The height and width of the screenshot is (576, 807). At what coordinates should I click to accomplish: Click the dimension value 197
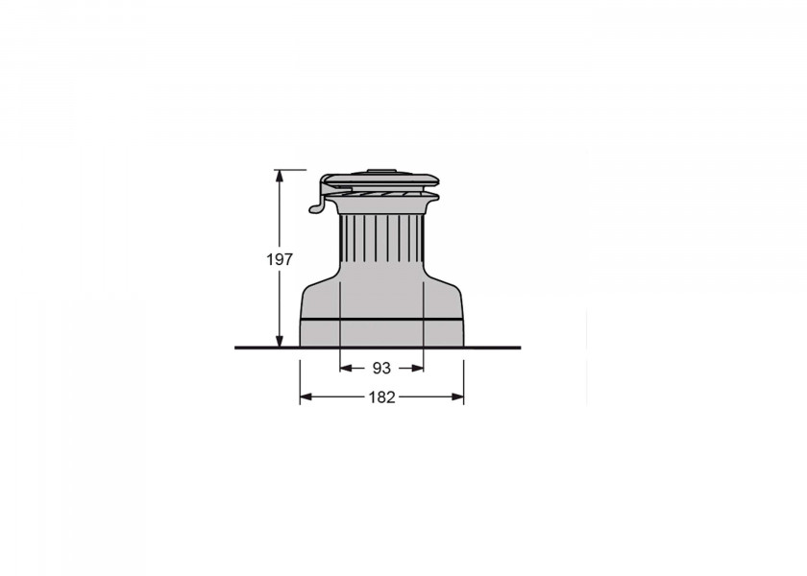280,259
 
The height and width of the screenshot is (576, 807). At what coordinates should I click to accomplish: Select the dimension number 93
381,369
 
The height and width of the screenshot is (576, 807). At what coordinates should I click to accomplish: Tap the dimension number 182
382,397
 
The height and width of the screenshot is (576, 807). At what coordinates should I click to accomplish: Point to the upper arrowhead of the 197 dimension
280,176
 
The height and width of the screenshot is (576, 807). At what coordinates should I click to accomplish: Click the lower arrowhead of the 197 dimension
280,341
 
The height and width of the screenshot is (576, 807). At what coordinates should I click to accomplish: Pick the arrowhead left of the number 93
346,368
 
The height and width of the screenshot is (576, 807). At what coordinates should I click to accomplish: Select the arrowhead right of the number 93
417,368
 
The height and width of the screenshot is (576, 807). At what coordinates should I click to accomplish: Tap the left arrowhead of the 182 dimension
306,396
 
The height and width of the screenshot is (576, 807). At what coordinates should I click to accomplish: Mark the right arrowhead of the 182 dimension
457,396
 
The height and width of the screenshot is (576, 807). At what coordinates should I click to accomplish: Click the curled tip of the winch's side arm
314,208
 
